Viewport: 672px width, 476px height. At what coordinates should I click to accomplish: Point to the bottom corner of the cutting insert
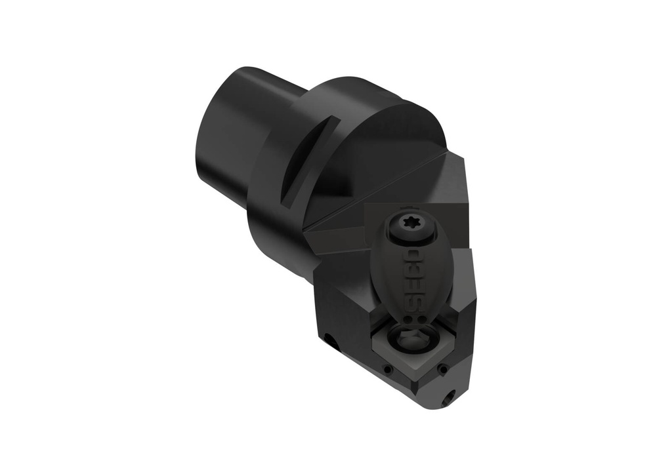pyautogui.click(x=413, y=383)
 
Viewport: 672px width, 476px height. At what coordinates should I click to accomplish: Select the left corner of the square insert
pyautogui.click(x=371, y=341)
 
